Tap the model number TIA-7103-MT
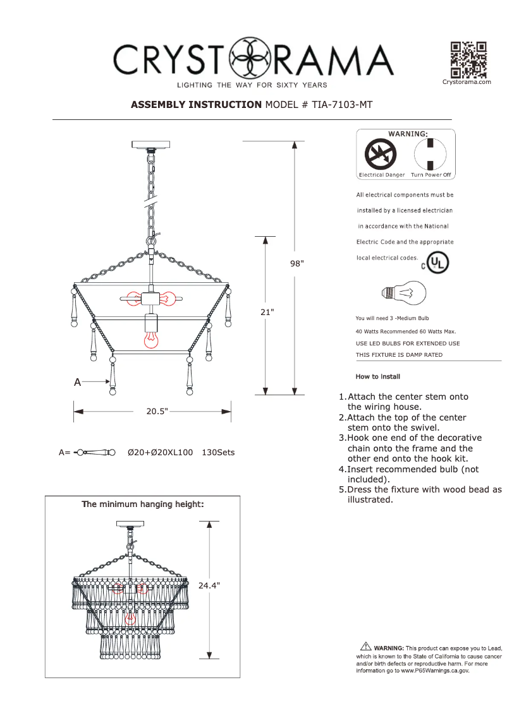[341, 105]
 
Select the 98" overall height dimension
[297, 264]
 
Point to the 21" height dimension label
[267, 312]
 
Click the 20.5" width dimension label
[157, 411]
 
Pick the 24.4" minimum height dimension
[209, 586]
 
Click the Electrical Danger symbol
[381, 154]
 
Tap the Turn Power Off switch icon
[431, 154]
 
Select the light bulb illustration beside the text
[405, 292]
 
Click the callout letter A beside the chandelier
[77, 382]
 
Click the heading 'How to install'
[378, 376]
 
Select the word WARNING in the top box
[407, 134]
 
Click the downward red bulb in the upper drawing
[151, 340]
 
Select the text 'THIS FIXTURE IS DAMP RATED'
[399, 355]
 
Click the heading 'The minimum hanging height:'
[143, 504]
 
